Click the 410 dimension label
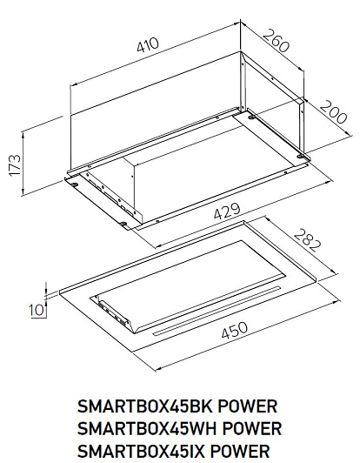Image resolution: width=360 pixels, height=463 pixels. pos(148,45)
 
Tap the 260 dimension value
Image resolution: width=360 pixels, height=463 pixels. pos(276,40)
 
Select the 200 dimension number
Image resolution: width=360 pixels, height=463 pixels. pos(333,112)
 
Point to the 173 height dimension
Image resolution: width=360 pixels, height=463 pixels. pos(16,165)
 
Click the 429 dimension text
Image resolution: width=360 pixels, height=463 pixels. pos(227,211)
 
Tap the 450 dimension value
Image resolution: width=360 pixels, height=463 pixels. pos(235,331)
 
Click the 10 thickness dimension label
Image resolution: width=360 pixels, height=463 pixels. pos(36,310)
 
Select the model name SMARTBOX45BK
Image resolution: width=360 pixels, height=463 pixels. pos(144,406)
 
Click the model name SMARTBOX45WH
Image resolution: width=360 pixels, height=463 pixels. pos(147,428)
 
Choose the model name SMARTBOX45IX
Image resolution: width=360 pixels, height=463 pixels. pos(141,451)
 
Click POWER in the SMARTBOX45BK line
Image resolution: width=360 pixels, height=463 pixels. pos(248,406)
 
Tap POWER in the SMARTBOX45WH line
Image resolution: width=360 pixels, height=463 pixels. pos(251,428)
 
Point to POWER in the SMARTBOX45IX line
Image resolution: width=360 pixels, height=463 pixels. pos(240,451)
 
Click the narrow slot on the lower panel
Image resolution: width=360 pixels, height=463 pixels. pos(217,311)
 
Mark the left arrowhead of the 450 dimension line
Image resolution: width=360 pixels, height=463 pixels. pos(158,368)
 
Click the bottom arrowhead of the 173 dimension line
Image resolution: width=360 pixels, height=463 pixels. pos(23,192)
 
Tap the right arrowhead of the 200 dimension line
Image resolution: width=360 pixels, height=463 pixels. pos(350,134)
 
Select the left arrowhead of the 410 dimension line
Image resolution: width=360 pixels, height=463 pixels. pos(72,85)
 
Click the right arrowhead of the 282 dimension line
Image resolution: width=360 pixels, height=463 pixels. pos(335,272)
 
